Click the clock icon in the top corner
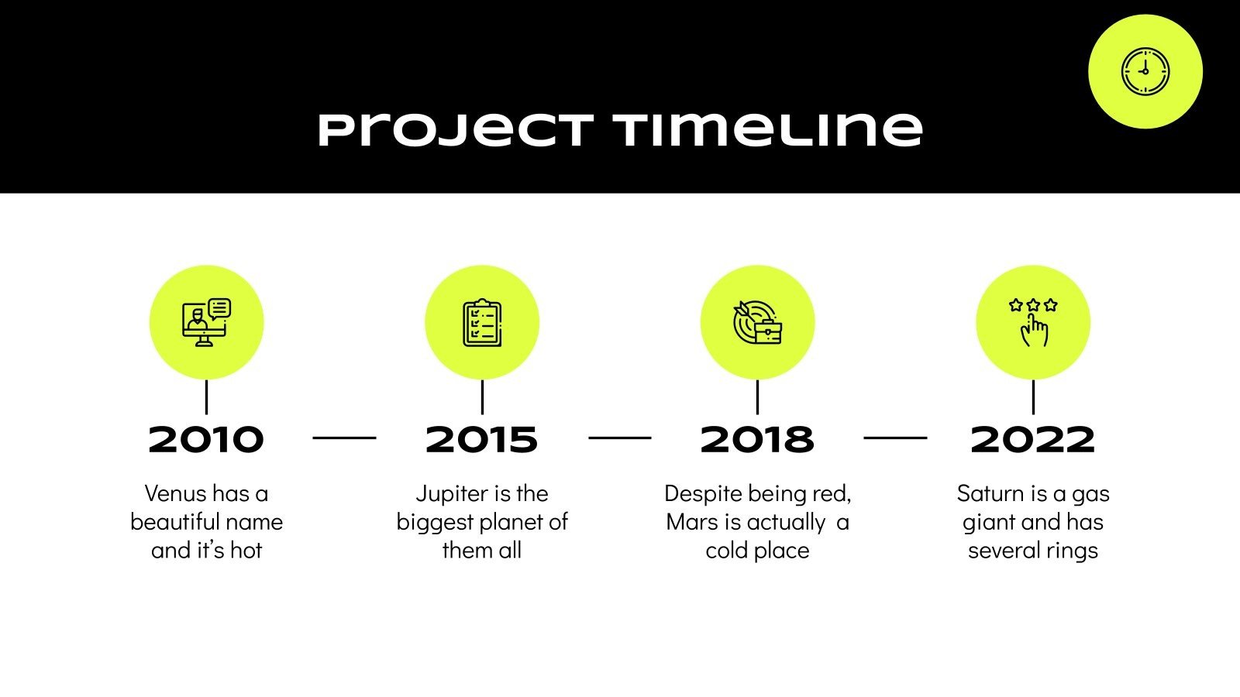(x=1145, y=72)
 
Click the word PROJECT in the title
(x=456, y=130)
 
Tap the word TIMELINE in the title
(x=768, y=129)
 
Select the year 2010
(x=206, y=440)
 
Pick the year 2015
(x=481, y=440)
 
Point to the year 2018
(x=757, y=440)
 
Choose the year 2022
(x=1032, y=440)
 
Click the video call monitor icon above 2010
(x=206, y=322)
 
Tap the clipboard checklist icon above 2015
(x=482, y=322)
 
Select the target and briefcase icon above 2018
(x=757, y=322)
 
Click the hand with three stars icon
(x=1033, y=322)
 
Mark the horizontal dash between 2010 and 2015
(x=344, y=438)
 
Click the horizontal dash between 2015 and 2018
(x=619, y=438)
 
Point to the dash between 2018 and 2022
(x=895, y=438)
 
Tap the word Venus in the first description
(x=176, y=493)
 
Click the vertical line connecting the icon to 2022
(x=1033, y=397)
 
